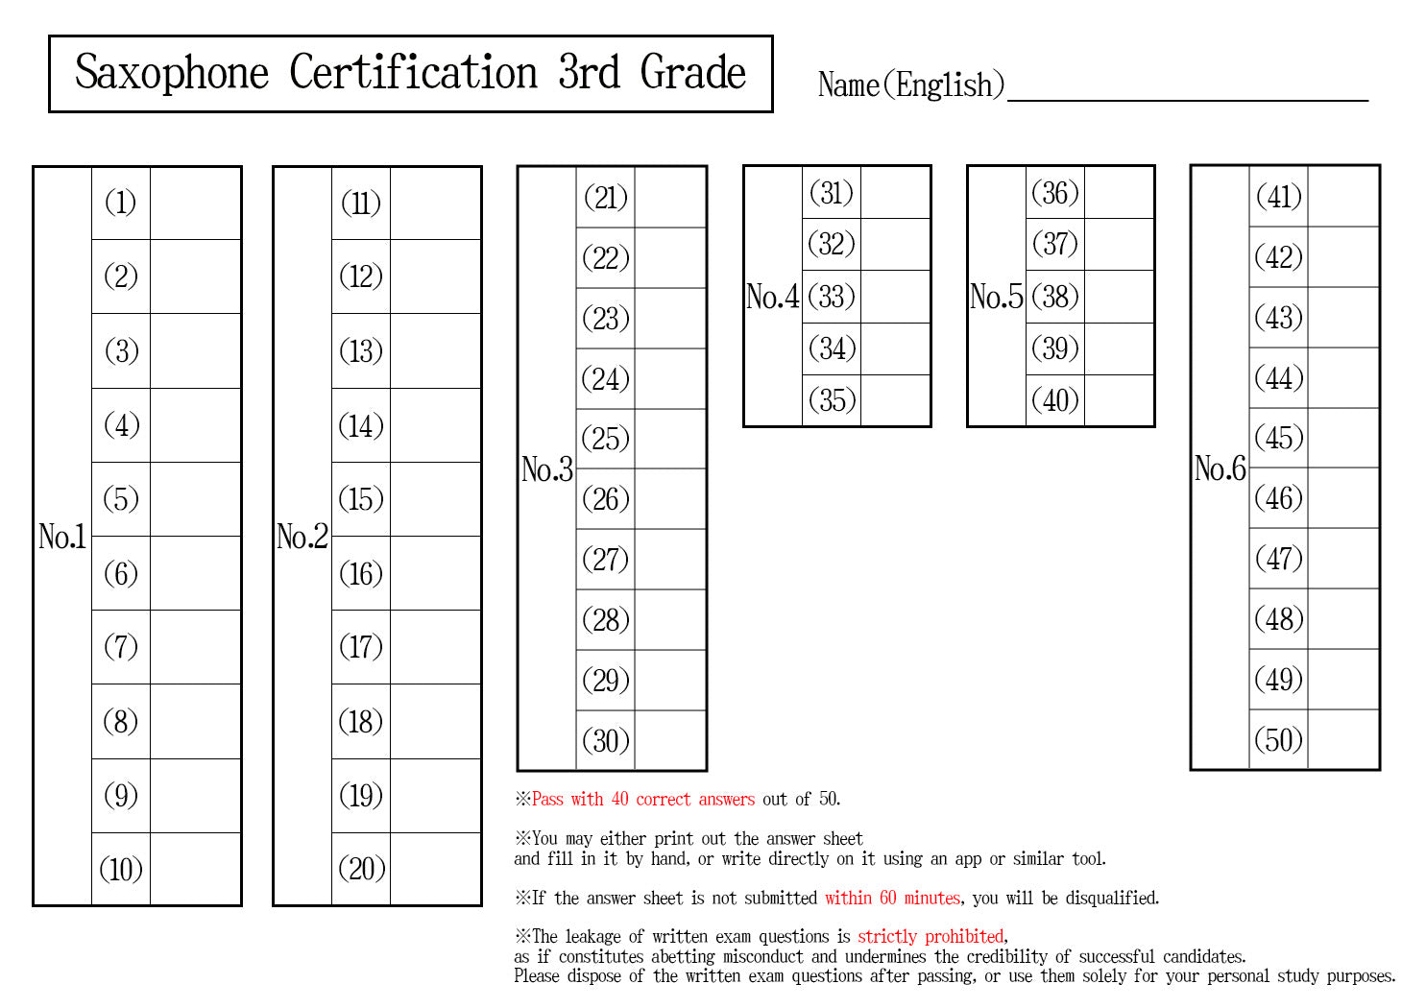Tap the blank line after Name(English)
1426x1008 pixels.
click(x=1188, y=99)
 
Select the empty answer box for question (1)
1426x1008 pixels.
click(x=196, y=203)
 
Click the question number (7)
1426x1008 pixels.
click(x=121, y=646)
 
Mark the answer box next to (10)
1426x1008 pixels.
click(x=196, y=869)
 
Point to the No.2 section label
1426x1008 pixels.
click(x=302, y=536)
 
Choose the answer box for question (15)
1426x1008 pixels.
click(x=435, y=499)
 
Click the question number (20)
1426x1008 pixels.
click(x=362, y=869)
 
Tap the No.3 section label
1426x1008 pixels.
click(x=546, y=469)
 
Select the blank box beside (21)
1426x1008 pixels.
click(x=670, y=197)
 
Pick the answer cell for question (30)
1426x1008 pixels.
click(x=670, y=740)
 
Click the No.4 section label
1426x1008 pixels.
click(x=772, y=297)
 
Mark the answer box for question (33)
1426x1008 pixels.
click(x=895, y=297)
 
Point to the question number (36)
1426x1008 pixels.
click(x=1055, y=193)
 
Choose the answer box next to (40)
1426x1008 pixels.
click(x=1119, y=400)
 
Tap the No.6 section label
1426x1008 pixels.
click(x=1220, y=468)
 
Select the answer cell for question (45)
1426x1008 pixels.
click(x=1343, y=438)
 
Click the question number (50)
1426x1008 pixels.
click(x=1278, y=739)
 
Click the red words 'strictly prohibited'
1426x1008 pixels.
click(x=931, y=936)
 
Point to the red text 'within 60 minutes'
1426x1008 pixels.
click(x=892, y=898)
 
